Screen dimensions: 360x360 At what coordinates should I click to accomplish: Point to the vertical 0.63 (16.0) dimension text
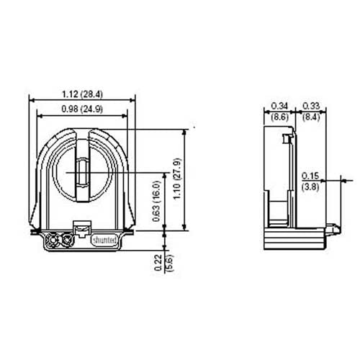156,204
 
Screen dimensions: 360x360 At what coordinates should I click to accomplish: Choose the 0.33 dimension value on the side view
311,106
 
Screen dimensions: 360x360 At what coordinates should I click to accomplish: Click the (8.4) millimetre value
311,115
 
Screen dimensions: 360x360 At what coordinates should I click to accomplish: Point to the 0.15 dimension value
310,175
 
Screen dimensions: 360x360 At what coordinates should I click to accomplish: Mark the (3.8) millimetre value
310,185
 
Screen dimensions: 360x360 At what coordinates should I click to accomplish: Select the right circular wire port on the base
69,240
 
